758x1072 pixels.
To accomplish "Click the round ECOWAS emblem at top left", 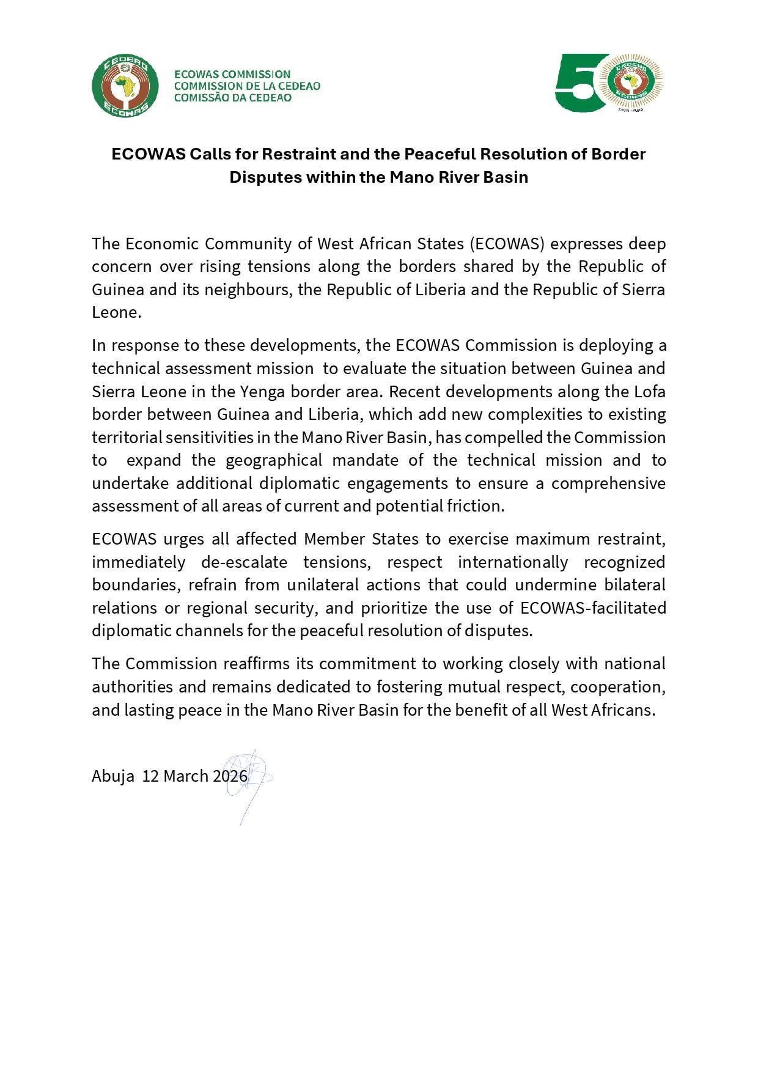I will click(x=125, y=86).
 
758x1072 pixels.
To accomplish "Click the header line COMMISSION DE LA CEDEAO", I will click(x=247, y=86).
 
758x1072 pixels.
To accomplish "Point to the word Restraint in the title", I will click(x=298, y=154).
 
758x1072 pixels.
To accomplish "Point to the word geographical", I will click(x=274, y=460).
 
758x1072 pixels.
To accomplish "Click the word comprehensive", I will click(x=608, y=483).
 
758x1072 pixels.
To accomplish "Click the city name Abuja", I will click(x=113, y=776).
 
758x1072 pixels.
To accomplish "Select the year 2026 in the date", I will click(x=230, y=776).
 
